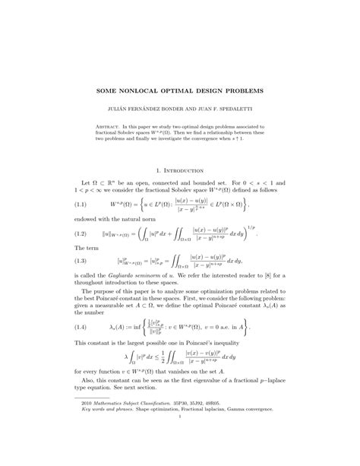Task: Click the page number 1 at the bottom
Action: [180, 436]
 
